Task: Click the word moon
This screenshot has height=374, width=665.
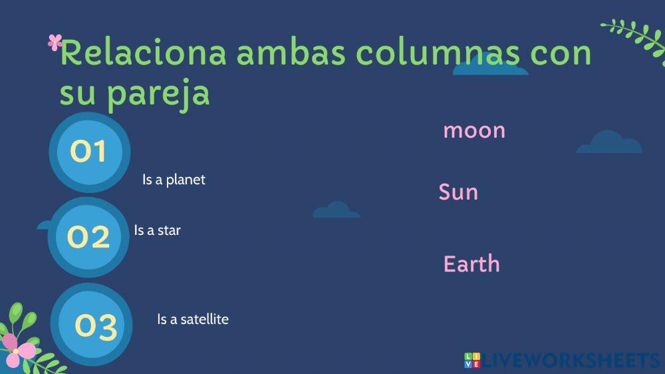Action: point(474,130)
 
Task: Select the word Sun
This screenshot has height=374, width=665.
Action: point(458,192)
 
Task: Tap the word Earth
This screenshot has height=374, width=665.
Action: point(471,264)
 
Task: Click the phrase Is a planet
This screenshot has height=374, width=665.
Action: point(174,180)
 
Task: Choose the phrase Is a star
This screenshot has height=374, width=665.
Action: point(157,230)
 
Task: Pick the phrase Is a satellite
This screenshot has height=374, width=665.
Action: point(192,319)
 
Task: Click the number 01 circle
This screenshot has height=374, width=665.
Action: point(89,152)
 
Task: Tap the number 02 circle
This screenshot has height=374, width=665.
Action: point(88,237)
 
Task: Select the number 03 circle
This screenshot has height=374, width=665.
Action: point(95,325)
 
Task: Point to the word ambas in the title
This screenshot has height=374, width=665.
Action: point(291,53)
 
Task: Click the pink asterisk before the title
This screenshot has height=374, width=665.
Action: point(55,43)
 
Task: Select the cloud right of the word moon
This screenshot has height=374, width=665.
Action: point(608,143)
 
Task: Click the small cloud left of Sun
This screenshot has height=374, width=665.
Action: point(336,210)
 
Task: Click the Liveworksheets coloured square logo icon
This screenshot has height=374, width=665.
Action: point(471,360)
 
